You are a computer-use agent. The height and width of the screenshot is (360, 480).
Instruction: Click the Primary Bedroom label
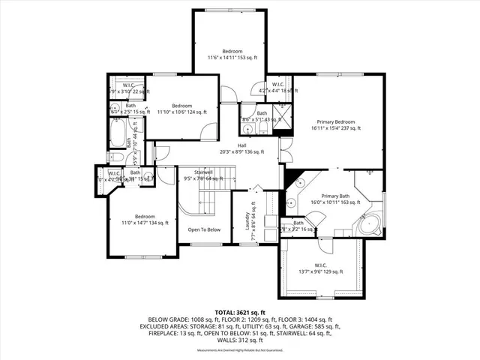click(x=334, y=121)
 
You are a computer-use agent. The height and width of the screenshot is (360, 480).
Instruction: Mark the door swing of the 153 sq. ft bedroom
click(x=228, y=96)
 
